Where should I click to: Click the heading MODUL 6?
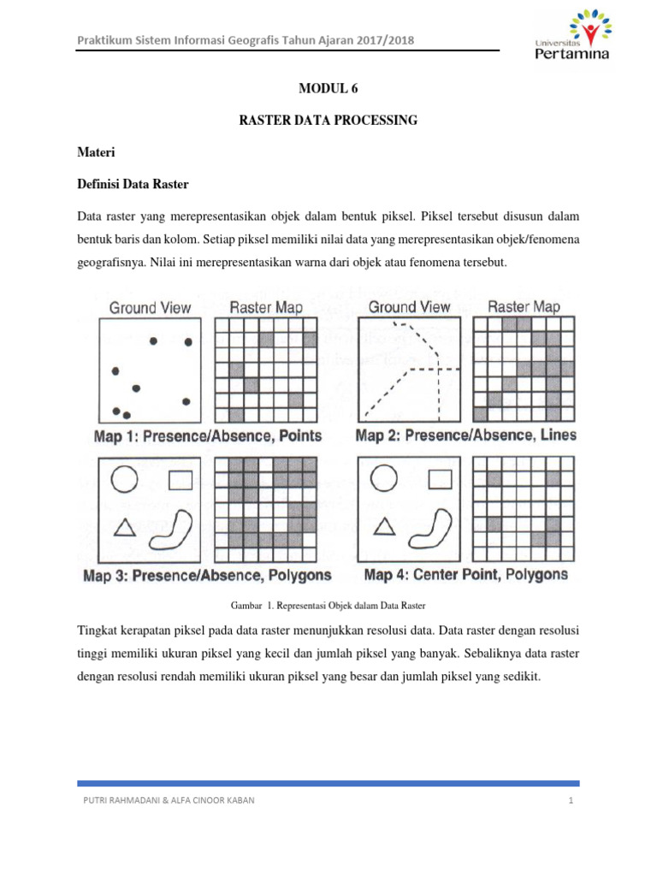[x=328, y=88]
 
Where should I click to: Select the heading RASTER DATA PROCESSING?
[x=328, y=121]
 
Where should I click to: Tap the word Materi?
[x=97, y=152]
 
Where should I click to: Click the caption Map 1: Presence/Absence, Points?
[x=208, y=435]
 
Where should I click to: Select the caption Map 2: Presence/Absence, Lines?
[x=465, y=435]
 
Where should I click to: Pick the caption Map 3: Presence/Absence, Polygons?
[x=208, y=576]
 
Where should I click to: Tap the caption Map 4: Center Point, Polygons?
[x=465, y=575]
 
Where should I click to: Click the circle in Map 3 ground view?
[x=125, y=479]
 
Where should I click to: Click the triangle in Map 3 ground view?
[x=125, y=529]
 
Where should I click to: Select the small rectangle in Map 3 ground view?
[x=180, y=480]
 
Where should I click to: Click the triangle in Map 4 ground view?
[x=385, y=527]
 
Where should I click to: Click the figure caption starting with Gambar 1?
[x=328, y=606]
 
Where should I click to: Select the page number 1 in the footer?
[x=568, y=801]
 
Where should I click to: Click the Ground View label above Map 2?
[x=409, y=307]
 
